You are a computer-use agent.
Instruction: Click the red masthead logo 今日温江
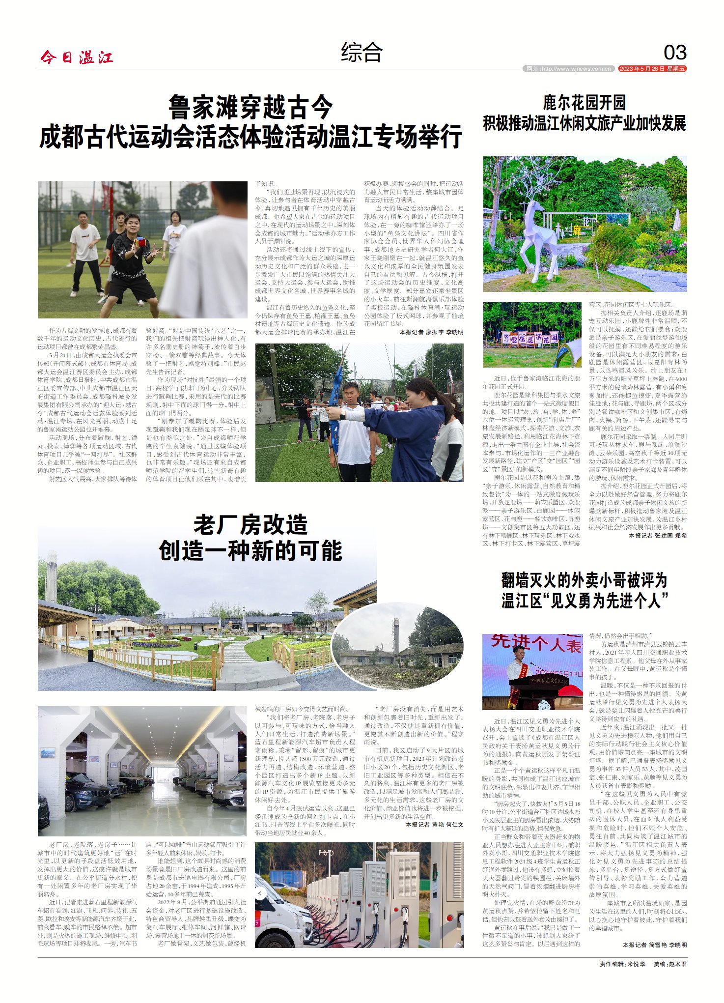pos(77,57)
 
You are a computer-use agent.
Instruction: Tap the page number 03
pos(675,53)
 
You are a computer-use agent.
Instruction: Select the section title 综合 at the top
pos(362,53)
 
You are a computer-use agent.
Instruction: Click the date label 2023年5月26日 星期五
pos(652,69)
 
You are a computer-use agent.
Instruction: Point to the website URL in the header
pos(568,69)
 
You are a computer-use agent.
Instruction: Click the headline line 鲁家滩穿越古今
pos(251,107)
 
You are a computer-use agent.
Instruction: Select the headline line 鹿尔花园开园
pos(585,103)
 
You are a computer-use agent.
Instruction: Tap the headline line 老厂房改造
pos(251,525)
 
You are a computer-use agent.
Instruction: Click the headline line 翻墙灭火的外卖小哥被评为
pos(585,580)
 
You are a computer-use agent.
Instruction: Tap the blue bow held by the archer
pos(337,393)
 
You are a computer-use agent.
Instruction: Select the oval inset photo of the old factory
pos(398,645)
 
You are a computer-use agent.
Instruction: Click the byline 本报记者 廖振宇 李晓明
pos(431,332)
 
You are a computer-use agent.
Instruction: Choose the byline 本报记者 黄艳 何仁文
pos(434,824)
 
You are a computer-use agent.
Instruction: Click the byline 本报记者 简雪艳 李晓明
pos(655,945)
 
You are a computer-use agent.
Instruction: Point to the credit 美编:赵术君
pos(670,964)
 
